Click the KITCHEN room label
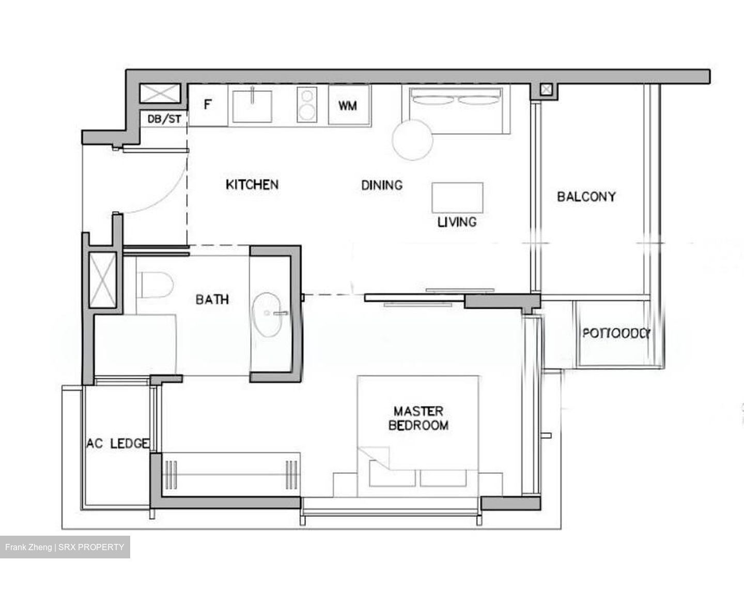[252, 184]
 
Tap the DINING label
[382, 185]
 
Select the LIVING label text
[457, 222]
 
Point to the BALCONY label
[586, 197]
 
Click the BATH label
[212, 299]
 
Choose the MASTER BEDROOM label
[419, 418]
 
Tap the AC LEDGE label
[118, 444]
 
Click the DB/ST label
[164, 119]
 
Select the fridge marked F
[207, 105]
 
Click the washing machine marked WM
[348, 106]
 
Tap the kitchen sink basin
[253, 105]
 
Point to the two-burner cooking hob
[307, 105]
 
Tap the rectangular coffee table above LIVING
[457, 197]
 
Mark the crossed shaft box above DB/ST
[161, 94]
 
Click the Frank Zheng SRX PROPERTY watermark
[65, 547]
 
